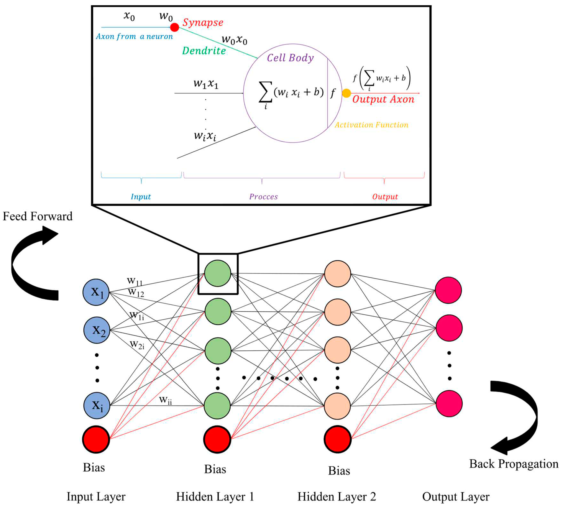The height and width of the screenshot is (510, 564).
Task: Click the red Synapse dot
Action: click(175, 27)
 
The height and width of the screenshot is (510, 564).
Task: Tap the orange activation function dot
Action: click(346, 93)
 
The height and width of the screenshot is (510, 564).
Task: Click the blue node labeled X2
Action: click(97, 330)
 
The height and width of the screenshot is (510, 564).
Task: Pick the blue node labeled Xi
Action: click(97, 406)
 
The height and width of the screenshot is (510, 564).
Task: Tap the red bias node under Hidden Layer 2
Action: click(337, 439)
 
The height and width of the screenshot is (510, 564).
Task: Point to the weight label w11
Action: click(135, 281)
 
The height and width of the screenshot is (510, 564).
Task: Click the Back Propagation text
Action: click(514, 464)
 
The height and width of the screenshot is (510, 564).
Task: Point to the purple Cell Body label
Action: click(290, 58)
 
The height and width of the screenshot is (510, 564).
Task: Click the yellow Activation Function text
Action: click(372, 125)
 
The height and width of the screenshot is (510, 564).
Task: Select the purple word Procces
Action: click(263, 197)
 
